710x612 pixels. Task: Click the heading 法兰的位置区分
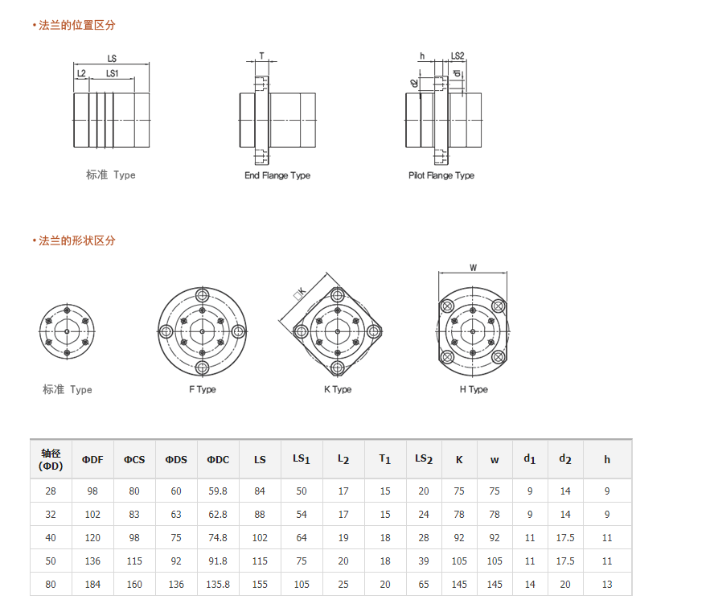(76, 26)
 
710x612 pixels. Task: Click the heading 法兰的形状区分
(76, 240)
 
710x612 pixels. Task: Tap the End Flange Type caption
(277, 175)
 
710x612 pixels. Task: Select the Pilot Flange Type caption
(441, 175)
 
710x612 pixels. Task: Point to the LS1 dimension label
(112, 73)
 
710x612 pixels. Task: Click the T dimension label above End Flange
(261, 55)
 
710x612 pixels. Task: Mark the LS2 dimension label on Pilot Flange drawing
(458, 55)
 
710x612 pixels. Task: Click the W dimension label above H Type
(473, 268)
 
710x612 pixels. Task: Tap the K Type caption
(338, 389)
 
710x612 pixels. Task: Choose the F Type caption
(203, 389)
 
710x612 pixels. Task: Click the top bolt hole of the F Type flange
(202, 296)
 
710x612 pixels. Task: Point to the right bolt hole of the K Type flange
(374, 331)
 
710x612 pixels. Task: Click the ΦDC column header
(218, 460)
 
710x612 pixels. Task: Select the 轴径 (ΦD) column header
(51, 459)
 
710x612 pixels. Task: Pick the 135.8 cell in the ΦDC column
(218, 585)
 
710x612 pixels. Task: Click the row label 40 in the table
(51, 538)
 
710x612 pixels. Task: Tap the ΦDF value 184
(92, 585)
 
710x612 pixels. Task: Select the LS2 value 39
(424, 561)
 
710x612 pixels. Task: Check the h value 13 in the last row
(607, 585)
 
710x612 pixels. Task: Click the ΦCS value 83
(134, 514)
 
